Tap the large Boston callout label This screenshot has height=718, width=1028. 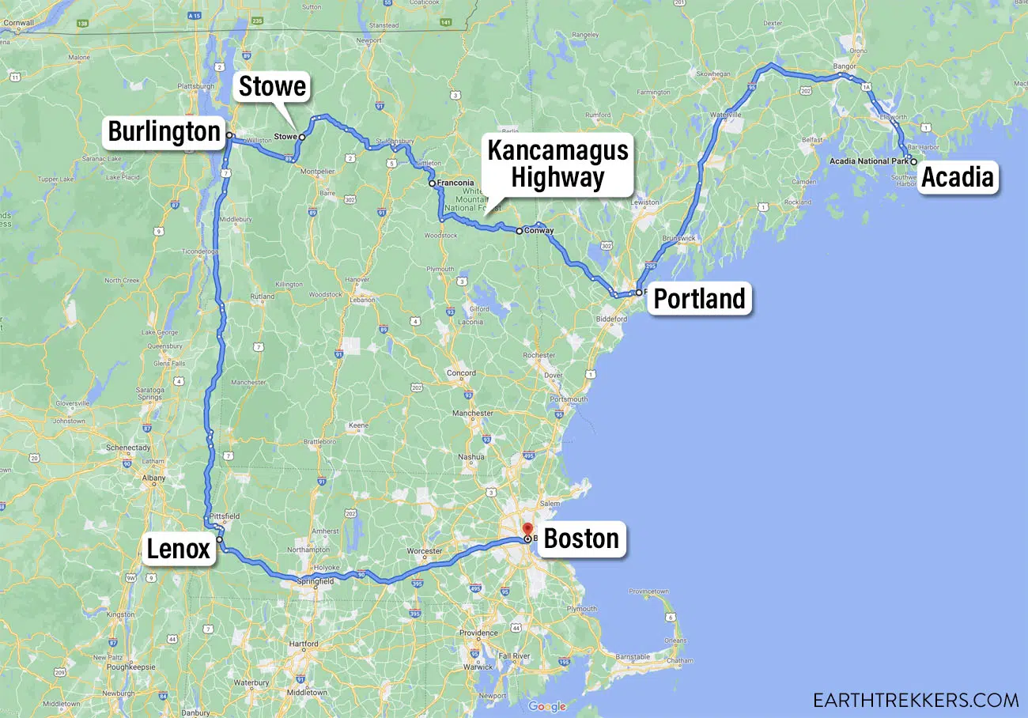tap(581, 539)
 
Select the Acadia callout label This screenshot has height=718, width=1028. tap(957, 177)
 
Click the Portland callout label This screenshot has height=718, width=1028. tap(699, 299)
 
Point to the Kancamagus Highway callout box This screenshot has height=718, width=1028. tap(557, 164)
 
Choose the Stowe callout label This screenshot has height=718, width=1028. tap(272, 87)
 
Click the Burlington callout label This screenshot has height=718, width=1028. tap(164, 131)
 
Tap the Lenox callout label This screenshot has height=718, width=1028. tap(179, 548)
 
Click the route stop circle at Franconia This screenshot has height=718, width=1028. tap(432, 183)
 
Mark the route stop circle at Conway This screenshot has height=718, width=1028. tap(519, 231)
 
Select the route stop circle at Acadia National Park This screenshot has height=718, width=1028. tap(914, 161)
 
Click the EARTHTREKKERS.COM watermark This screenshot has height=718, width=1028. tap(916, 700)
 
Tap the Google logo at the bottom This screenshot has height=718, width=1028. tap(547, 706)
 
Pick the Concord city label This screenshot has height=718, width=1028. tap(461, 372)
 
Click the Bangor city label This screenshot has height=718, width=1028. tap(845, 66)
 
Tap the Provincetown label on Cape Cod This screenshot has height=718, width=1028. tap(648, 591)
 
